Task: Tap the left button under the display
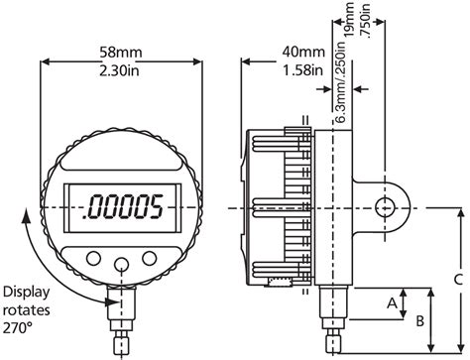click(x=92, y=257)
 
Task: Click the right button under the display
click(x=150, y=257)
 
